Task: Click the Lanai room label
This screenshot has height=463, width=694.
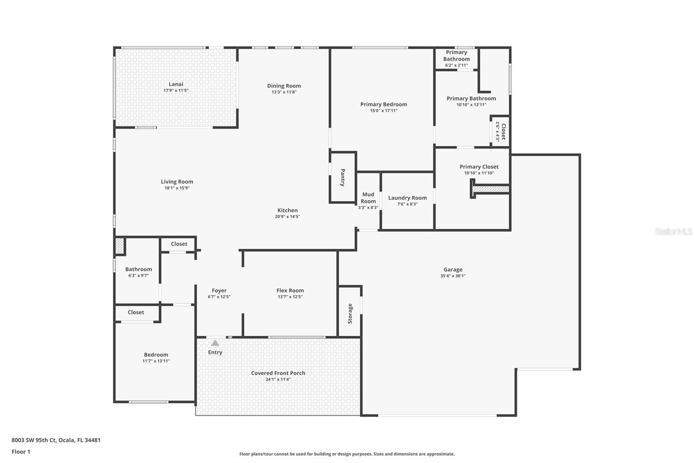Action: [x=176, y=84]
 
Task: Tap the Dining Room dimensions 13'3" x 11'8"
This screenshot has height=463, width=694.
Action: [x=284, y=92]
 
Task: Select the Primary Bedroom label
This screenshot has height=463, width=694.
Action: [x=383, y=104]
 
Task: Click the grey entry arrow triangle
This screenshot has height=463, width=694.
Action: [x=215, y=343]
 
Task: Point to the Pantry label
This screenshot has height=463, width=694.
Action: [x=343, y=178]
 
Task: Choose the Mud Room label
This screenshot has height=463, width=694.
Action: [x=368, y=198]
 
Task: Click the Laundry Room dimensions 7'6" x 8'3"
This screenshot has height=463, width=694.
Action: [x=407, y=204]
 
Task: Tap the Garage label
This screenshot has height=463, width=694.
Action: [x=453, y=269]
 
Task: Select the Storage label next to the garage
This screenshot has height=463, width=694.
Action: [x=350, y=314]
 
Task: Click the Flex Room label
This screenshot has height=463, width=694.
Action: [x=290, y=291]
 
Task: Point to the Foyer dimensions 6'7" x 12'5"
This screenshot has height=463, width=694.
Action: [x=219, y=297]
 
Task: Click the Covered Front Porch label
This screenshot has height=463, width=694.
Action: [x=278, y=373]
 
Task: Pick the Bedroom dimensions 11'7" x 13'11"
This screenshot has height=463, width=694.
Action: [x=156, y=361]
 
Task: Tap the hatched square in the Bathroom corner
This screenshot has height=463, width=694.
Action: [x=119, y=246]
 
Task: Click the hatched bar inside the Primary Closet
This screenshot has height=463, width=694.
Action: [x=491, y=189]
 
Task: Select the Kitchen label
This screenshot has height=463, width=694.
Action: [x=288, y=210]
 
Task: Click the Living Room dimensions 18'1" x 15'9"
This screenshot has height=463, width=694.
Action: [x=177, y=188]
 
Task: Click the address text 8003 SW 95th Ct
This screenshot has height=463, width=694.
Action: [x=34, y=440]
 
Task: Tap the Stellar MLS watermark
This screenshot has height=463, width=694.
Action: [x=673, y=232]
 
